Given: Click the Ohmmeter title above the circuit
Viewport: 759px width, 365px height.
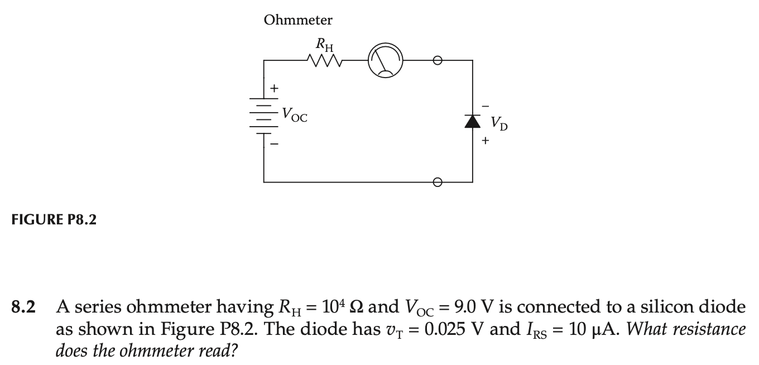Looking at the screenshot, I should (x=298, y=21).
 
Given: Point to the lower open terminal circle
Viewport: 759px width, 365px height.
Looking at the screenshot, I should (x=438, y=182).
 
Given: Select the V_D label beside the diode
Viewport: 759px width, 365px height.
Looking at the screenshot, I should (x=499, y=123).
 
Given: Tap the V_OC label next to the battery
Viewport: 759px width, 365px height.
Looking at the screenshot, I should (x=294, y=115).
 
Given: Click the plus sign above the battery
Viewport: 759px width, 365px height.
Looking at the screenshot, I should (x=274, y=88).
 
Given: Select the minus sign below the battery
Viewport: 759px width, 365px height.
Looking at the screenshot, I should (x=274, y=145).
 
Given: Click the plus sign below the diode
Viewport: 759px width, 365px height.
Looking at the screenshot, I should (x=486, y=141).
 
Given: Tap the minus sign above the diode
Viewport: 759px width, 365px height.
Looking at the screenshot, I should (x=485, y=104).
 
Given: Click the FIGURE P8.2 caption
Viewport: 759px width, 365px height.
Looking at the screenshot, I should (x=54, y=220).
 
